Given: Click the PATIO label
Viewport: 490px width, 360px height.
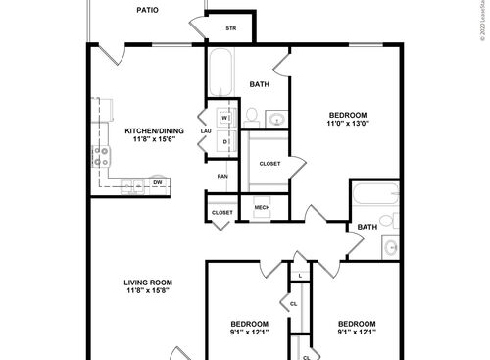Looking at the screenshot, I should [147, 10].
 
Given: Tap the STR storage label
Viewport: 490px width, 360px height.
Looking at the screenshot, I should [231, 28].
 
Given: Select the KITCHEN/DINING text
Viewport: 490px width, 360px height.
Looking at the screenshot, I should [149, 130].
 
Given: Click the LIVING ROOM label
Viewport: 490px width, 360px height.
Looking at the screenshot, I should [149, 284].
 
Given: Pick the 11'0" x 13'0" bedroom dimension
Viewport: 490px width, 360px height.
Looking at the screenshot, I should [348, 124].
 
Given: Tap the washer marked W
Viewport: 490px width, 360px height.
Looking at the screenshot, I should [224, 119].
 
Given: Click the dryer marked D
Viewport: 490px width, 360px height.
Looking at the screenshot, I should [224, 142].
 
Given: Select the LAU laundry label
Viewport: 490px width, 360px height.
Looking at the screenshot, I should [206, 131].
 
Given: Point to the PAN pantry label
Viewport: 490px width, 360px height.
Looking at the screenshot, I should [222, 177].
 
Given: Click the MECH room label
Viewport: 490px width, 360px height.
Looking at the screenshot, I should [262, 208].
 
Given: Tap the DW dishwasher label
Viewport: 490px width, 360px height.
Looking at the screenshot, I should [157, 182].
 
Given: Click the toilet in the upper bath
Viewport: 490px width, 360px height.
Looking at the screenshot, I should [251, 118].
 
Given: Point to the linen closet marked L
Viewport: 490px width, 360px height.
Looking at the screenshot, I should [299, 276].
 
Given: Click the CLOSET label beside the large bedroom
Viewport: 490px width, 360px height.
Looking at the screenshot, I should [270, 164].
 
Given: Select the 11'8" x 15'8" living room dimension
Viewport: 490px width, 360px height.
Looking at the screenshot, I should [149, 295].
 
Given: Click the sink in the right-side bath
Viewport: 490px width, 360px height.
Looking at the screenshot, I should [390, 246].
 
